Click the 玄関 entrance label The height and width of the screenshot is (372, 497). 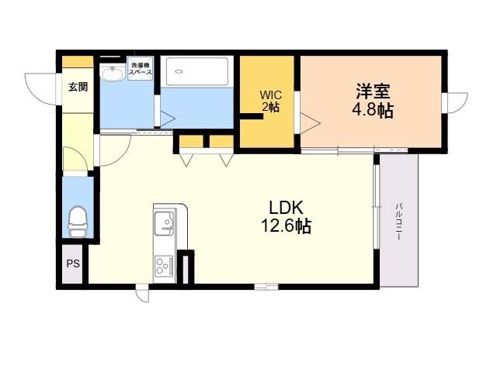(x=77, y=86)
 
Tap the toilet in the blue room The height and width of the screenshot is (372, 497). (x=77, y=222)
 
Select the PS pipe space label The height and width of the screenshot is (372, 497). (x=72, y=264)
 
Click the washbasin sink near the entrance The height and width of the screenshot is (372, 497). (x=114, y=74)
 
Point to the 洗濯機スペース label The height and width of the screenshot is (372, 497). (x=141, y=70)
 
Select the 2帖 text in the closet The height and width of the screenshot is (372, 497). (x=269, y=108)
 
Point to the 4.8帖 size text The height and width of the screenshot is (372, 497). (x=372, y=110)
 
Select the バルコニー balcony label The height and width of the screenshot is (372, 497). (x=398, y=221)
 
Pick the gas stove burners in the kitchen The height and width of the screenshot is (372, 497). (x=163, y=267)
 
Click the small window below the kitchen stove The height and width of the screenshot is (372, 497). (x=142, y=292)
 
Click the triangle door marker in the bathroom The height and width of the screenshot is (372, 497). (x=166, y=119)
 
